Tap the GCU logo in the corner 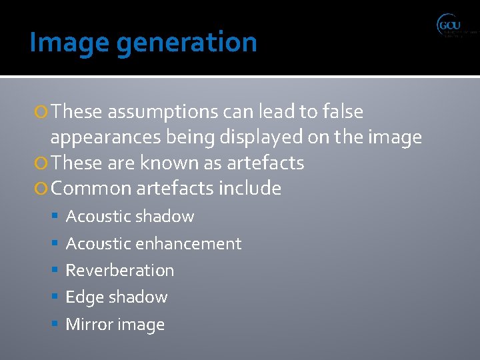pos(456,27)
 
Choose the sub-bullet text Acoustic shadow pos(130,217)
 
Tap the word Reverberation pos(120,271)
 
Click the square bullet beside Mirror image pos(56,325)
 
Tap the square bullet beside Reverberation pos(56,271)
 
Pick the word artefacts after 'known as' pos(265,163)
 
